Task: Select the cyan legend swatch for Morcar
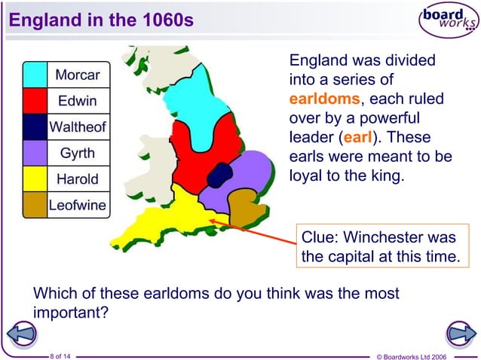click(x=35, y=75)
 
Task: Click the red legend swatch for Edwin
click(x=35, y=101)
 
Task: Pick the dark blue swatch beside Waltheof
click(x=35, y=127)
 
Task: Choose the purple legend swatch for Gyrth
click(x=35, y=153)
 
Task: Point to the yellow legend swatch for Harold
click(x=35, y=179)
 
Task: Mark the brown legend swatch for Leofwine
click(x=35, y=205)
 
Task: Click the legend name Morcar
click(x=78, y=75)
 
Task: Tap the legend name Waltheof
click(x=78, y=127)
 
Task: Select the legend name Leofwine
click(x=78, y=206)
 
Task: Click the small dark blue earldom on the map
click(x=219, y=173)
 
